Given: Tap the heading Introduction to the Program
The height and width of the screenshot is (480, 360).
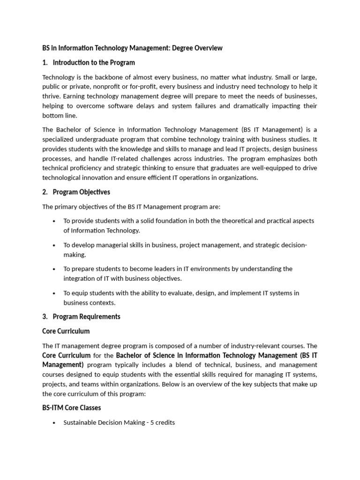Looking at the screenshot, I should coord(94,62).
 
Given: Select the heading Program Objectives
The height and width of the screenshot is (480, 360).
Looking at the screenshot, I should coord(82,192).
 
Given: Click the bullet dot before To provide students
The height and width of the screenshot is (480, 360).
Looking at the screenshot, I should coord(54,221).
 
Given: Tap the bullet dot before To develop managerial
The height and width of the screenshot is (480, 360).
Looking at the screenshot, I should coord(54,245).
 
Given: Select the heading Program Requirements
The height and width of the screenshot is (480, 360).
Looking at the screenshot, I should coord(87,316).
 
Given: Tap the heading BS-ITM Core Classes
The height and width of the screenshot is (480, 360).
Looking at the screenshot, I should coord(72,408).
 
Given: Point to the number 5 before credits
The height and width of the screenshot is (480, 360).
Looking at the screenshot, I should coord(152,422).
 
